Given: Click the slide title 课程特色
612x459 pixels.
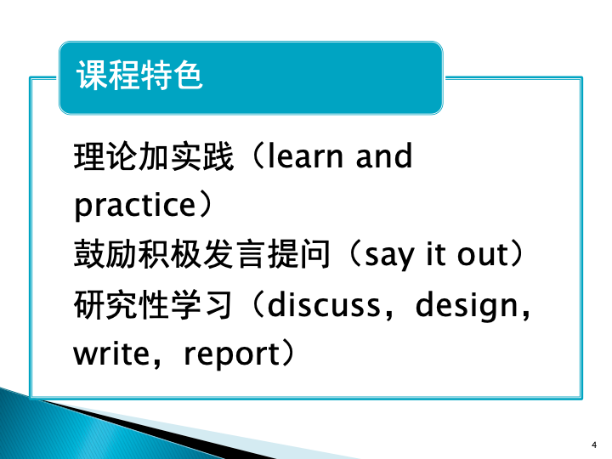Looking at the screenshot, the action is coord(139,76).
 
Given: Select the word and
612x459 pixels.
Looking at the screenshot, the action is coord(383,156).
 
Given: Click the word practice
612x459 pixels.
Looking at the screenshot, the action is coord(134,206).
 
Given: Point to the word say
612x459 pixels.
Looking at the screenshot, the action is coord(388,256).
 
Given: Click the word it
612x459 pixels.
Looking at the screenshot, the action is coord(436,253).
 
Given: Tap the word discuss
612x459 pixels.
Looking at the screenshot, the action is coord(324,303).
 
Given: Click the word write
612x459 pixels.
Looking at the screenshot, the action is coord(111,354).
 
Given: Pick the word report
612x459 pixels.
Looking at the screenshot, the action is coord(232,354).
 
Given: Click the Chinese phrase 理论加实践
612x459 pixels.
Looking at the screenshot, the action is coord(153,156).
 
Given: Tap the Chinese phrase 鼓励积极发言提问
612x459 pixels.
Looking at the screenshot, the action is coord(201,254).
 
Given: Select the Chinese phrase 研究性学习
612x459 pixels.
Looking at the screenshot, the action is coord(153,304).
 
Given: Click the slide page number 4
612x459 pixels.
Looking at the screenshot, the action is coord(594,445).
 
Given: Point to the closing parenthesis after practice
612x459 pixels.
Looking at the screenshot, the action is coord(206,205).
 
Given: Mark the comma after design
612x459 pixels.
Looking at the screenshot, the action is coord(525,314).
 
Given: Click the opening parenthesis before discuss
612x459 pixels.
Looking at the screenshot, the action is coord(258,303).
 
